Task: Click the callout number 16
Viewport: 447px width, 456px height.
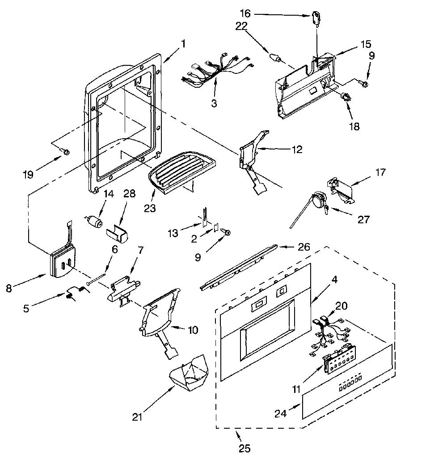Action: click(245, 13)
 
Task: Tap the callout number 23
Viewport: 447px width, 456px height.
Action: click(150, 208)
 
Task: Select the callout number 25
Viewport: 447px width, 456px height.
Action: click(245, 448)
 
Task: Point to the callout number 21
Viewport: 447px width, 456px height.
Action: click(137, 417)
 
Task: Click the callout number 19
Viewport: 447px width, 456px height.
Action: click(29, 175)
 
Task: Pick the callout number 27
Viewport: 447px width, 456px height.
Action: click(363, 219)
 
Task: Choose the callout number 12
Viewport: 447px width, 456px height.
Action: click(296, 149)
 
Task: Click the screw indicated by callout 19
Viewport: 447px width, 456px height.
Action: click(66, 151)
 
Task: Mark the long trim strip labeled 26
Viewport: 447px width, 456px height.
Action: click(239, 267)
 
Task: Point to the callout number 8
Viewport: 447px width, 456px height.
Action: click(9, 288)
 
